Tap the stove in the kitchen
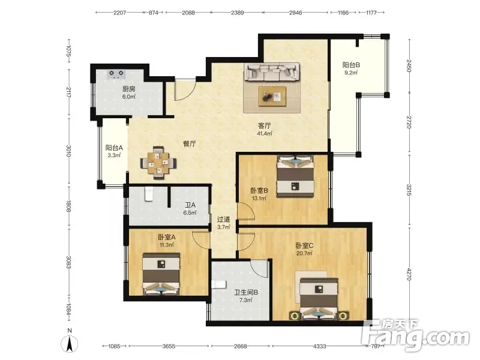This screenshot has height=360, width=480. (x=116, y=74)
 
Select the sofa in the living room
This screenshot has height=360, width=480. (x=272, y=72)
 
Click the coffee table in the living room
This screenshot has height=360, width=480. (x=272, y=97)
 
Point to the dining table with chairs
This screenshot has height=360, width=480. (x=158, y=163)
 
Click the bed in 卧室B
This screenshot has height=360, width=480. (x=295, y=176)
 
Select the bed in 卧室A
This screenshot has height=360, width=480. (x=161, y=274)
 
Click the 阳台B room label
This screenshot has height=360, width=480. (x=351, y=65)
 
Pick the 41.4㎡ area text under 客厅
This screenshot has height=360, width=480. (x=265, y=133)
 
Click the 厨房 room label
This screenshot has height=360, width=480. (x=129, y=89)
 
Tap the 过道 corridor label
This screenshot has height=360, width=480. (x=223, y=220)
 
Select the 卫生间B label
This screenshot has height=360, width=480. (x=246, y=292)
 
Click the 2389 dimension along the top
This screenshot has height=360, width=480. (x=237, y=13)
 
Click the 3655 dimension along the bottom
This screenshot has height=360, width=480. (x=169, y=346)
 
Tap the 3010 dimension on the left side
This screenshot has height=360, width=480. (x=68, y=151)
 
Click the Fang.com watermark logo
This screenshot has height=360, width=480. (x=415, y=335)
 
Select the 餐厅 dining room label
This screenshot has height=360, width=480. (x=190, y=143)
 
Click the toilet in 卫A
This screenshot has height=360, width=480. (x=149, y=194)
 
